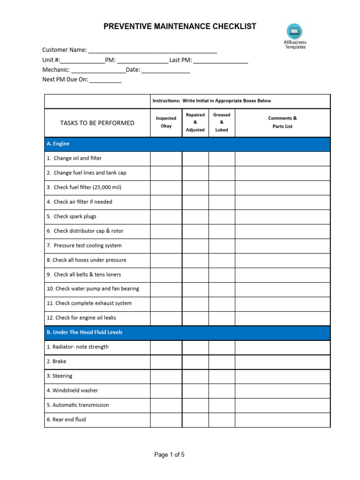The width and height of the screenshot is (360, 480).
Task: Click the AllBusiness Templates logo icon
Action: click(294, 32)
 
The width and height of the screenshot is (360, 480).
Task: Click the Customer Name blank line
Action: click(152, 50)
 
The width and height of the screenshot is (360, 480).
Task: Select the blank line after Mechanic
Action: click(98, 70)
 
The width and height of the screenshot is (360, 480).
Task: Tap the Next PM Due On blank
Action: click(105, 80)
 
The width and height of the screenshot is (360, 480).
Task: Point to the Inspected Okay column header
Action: click(166, 122)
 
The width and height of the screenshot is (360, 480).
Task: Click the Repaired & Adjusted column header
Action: click(195, 122)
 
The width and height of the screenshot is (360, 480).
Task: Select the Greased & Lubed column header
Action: click(222, 122)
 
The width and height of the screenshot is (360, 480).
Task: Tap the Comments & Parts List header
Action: click(282, 122)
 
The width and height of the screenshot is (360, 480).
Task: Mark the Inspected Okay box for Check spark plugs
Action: click(166, 217)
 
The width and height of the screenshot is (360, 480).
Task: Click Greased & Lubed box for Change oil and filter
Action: click(222, 158)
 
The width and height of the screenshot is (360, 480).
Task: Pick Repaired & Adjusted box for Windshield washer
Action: click(195, 390)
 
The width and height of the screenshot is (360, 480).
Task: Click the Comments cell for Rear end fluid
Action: click(282, 420)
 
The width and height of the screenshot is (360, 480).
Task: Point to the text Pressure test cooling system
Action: click(87, 246)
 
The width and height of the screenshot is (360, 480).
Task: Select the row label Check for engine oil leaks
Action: click(81, 318)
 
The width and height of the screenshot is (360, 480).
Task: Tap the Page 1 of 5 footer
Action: click(170, 454)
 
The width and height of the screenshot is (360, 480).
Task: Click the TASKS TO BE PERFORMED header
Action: click(97, 123)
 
